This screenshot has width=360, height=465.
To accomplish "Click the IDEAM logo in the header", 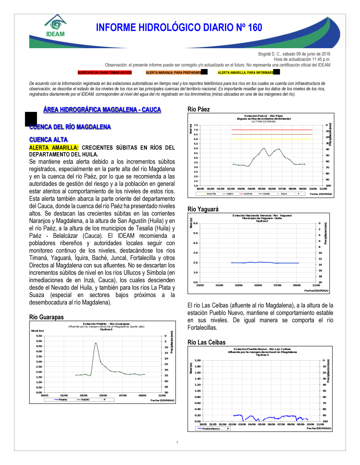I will click(x=55, y=26).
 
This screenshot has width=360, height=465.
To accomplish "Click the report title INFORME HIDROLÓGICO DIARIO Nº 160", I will click(x=179, y=28).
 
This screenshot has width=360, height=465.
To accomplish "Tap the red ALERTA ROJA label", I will click(x=105, y=73).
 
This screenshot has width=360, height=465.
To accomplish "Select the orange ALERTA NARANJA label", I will click(x=174, y=73).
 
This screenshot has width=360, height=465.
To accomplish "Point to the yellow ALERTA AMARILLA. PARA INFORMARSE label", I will click(x=246, y=73).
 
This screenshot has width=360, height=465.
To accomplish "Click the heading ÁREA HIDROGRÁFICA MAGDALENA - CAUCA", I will click(x=102, y=110).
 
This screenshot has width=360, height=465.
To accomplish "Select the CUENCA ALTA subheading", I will click(x=49, y=140).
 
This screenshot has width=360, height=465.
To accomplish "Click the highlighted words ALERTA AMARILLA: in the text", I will click(x=54, y=147).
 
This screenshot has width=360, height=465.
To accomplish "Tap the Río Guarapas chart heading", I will click(x=46, y=317).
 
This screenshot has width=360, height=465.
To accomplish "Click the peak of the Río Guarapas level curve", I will click(x=96, y=343).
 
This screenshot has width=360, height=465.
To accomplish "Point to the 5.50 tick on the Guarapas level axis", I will click(x=39, y=336).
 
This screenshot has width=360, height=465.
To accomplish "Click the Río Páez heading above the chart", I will click(x=199, y=109).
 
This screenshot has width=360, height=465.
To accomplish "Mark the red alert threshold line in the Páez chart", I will click(x=272, y=130).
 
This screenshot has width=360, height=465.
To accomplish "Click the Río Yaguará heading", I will click(x=203, y=209).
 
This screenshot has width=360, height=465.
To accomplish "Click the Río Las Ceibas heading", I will click(x=207, y=342).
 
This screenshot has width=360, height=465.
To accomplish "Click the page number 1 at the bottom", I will click(x=177, y=442).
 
